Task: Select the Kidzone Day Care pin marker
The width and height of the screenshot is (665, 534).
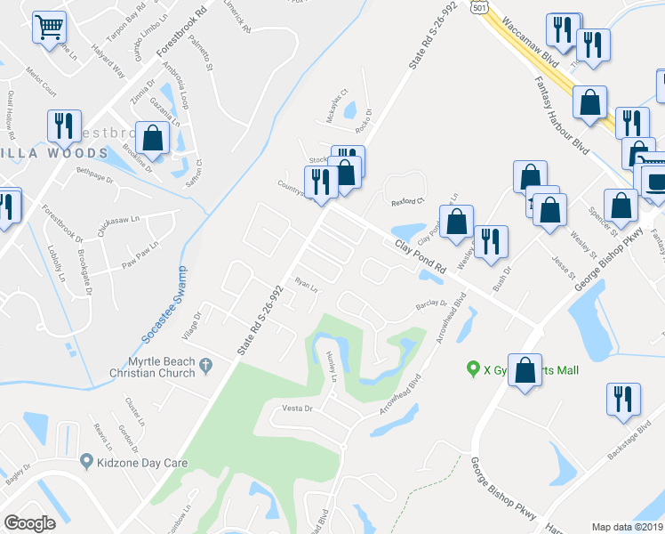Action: point(86,460)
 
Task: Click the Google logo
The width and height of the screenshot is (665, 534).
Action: point(29,522)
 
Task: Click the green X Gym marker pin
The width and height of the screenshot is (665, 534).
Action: point(474,368)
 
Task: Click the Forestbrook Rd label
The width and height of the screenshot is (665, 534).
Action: point(174,41)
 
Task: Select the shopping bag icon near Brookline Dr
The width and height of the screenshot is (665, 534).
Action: point(152,139)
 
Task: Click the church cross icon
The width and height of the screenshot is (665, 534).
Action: point(205,364)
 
